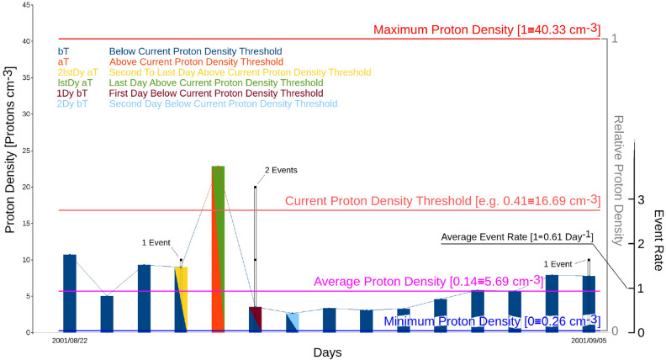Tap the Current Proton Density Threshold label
(x=442, y=202)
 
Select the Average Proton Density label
(x=456, y=280)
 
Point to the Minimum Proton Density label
(x=492, y=320)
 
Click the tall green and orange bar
(x=218, y=248)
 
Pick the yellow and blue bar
(x=181, y=299)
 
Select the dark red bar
(x=256, y=319)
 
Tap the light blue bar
(x=293, y=322)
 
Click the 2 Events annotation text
(x=282, y=170)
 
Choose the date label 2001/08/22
(x=70, y=341)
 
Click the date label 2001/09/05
(x=588, y=341)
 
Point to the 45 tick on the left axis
(x=28, y=5)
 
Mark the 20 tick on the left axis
(x=28, y=187)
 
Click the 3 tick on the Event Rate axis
(x=641, y=199)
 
